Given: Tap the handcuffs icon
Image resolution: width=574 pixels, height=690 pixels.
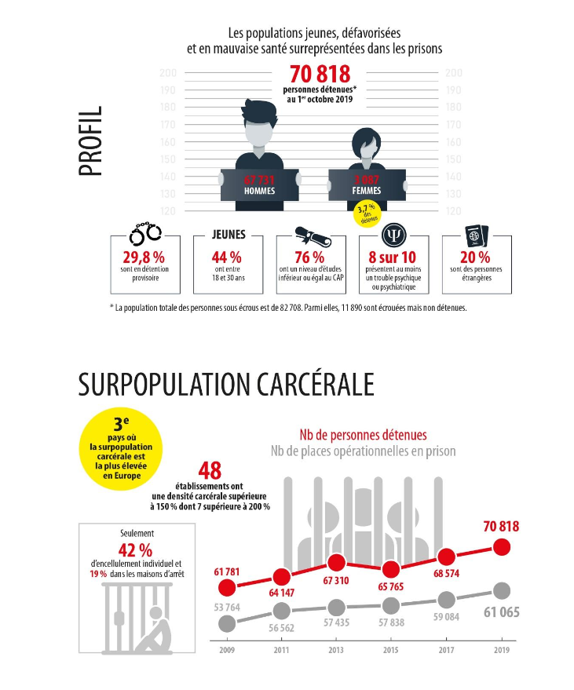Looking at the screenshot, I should [144, 233].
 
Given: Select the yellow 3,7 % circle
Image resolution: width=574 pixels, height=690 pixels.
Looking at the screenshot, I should [363, 212].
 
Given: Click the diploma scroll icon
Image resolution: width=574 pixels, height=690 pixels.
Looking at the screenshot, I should [309, 233].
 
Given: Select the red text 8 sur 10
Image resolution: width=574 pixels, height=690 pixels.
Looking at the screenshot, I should [392, 257].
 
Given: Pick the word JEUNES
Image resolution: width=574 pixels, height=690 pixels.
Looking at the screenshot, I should [229, 235].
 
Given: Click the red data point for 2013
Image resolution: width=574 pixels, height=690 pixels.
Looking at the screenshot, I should [336, 563].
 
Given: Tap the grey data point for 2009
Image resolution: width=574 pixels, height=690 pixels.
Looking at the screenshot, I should [227, 623].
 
